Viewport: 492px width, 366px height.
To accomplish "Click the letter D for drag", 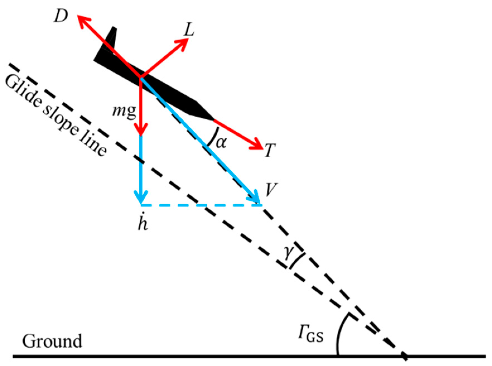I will click(x=61, y=17).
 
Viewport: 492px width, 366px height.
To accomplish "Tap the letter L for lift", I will click(x=189, y=30).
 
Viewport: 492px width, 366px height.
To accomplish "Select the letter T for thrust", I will click(x=270, y=151).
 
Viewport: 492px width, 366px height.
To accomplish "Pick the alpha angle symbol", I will click(x=221, y=143).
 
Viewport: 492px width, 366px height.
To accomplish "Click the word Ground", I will click(x=52, y=341).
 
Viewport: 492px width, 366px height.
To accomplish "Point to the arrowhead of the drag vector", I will click(x=81, y=20).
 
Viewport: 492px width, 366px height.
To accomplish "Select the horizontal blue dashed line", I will click(x=201, y=205).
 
